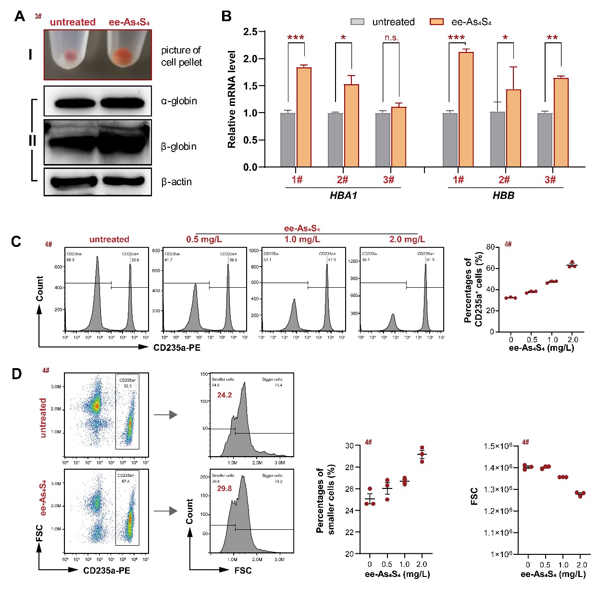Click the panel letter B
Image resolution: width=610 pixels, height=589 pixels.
pyautogui.click(x=226, y=16)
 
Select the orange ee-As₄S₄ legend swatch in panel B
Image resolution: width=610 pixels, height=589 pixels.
pyautogui.click(x=436, y=22)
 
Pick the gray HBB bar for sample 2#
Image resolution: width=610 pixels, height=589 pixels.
pyautogui.click(x=498, y=139)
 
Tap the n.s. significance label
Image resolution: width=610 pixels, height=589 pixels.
pyautogui.click(x=391, y=38)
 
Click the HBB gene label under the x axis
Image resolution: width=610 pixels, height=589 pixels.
pyautogui.click(x=503, y=196)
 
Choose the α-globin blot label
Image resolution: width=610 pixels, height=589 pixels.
pyautogui.click(x=179, y=101)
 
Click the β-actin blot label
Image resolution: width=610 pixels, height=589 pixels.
pyautogui.click(x=176, y=182)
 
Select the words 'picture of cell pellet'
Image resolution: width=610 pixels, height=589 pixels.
pyautogui.click(x=181, y=56)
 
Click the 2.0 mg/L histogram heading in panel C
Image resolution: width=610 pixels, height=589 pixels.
pyautogui.click(x=407, y=240)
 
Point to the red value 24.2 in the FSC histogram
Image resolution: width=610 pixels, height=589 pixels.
pyautogui.click(x=224, y=395)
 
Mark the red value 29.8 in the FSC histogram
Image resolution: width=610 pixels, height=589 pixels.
pyautogui.click(x=224, y=488)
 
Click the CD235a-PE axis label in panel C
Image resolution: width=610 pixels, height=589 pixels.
pyautogui.click(x=175, y=346)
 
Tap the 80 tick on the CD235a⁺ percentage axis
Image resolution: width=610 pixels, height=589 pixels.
pyautogui.click(x=490, y=247)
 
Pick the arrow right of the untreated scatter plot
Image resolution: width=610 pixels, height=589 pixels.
pyautogui.click(x=165, y=415)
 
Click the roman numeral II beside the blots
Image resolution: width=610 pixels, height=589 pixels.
pyautogui.click(x=33, y=141)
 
